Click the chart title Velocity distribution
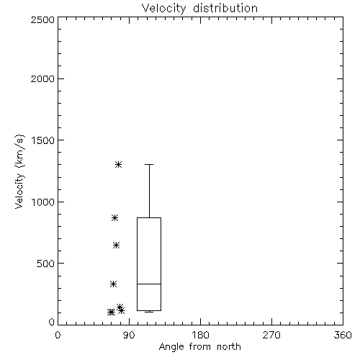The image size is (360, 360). click(199, 8)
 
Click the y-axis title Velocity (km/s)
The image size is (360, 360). click(19, 171)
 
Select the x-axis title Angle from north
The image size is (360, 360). click(200, 346)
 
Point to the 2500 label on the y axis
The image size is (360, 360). click(42, 19)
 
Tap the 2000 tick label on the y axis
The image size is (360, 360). click(42, 78)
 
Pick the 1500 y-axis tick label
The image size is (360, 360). click(43, 140)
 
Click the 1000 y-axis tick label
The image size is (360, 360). click(43, 202)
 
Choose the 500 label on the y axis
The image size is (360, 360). click(46, 264)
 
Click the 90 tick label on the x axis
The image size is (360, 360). click(129, 335)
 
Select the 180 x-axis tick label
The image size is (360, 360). click(200, 335)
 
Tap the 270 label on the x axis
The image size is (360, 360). click(271, 335)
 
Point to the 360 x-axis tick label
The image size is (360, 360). click(343, 335)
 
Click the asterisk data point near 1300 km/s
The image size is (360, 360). click(118, 164)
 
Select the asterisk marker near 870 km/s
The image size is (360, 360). click(114, 217)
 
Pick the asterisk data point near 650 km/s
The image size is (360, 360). click(116, 245)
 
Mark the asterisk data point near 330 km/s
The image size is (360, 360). click(113, 284)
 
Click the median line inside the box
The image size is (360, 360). click(149, 284)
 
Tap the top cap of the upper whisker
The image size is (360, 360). click(149, 164)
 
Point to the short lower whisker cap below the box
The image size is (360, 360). click(149, 312)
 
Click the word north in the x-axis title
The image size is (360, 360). click(229, 346)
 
